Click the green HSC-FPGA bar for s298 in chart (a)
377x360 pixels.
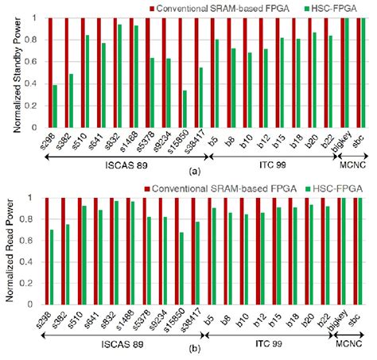(56, 106)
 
